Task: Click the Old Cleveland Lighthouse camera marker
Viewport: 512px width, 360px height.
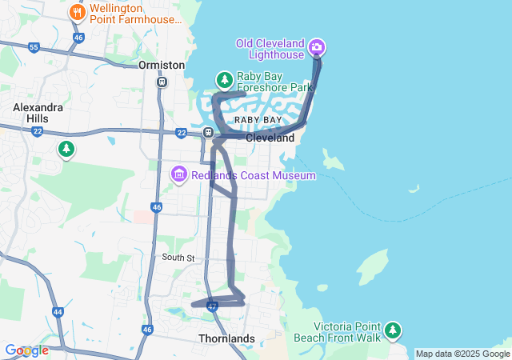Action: (x=317, y=47)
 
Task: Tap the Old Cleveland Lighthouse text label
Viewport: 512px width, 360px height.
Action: (x=270, y=48)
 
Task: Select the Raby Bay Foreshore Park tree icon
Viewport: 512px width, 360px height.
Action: (x=225, y=79)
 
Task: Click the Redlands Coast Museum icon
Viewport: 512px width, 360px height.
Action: (x=178, y=174)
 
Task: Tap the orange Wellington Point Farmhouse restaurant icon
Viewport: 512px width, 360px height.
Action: (x=77, y=12)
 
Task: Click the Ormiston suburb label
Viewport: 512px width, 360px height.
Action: (x=162, y=65)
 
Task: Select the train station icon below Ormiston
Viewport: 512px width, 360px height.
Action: (x=162, y=82)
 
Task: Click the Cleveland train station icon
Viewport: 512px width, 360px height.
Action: (x=208, y=133)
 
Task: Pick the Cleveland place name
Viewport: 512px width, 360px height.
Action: (x=270, y=138)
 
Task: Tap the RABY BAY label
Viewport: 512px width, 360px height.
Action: (x=258, y=120)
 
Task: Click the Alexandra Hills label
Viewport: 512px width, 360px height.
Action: (x=31, y=113)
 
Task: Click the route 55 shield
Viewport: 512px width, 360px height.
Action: (x=34, y=48)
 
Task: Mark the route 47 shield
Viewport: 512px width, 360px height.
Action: (x=212, y=306)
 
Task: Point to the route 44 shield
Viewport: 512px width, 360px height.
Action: (x=58, y=312)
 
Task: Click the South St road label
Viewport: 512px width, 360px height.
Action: (x=178, y=258)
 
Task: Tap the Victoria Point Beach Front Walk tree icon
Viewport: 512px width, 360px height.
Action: (x=392, y=330)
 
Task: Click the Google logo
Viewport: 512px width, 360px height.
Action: (x=26, y=350)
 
